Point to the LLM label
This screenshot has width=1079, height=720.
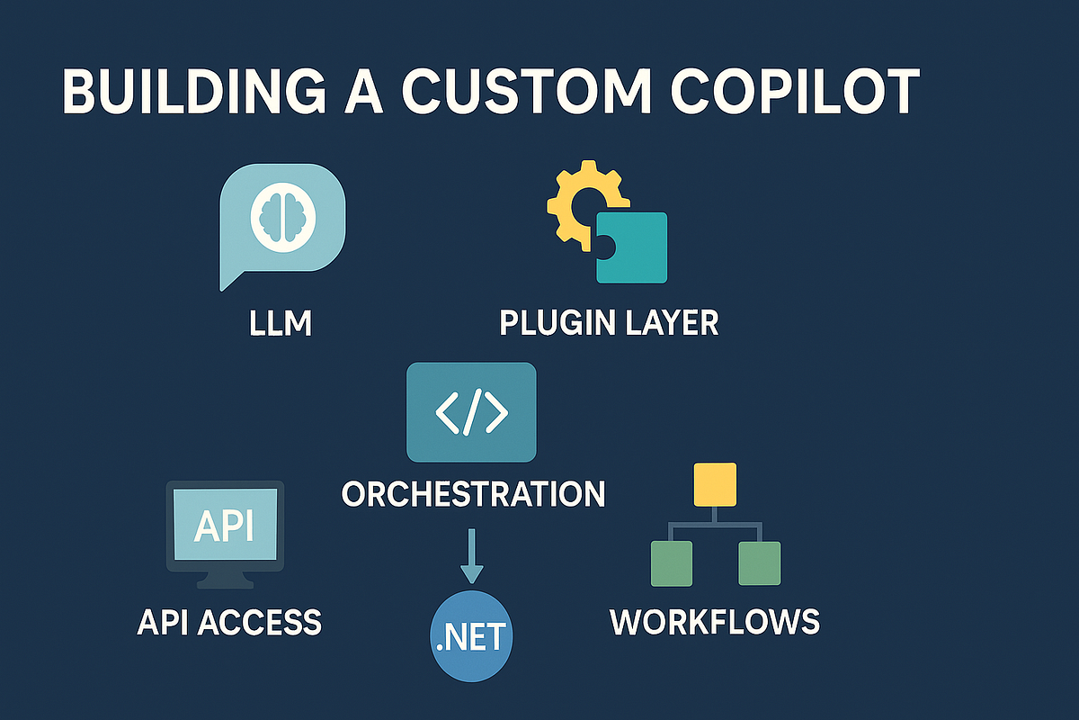tap(280, 323)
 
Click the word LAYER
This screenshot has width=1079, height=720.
tap(669, 323)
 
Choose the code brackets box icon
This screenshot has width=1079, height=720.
tap(471, 411)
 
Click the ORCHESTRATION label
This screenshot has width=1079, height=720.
tap(473, 493)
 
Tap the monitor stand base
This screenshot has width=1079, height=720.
tap(225, 580)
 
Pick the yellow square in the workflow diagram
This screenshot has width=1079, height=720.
tap(716, 484)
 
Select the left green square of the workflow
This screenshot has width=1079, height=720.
tap(671, 563)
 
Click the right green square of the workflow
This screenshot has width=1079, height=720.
tap(759, 563)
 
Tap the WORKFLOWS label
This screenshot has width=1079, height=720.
tap(715, 622)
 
